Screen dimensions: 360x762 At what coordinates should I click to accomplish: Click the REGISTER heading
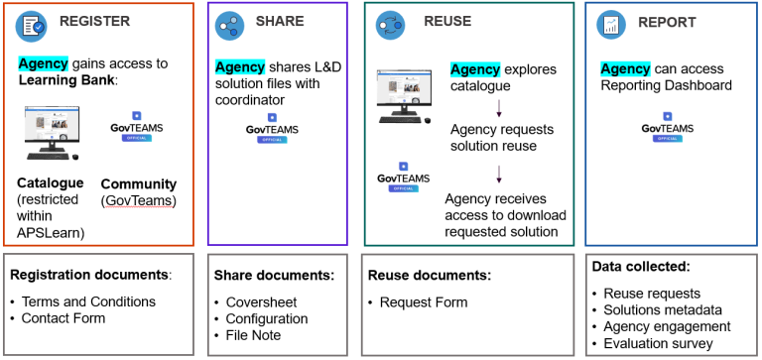tap(94, 22)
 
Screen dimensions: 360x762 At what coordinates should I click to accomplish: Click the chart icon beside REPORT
tap(610, 25)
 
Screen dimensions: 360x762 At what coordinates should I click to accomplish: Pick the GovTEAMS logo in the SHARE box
tap(272, 128)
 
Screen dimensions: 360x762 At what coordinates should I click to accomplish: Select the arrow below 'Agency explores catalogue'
tap(498, 107)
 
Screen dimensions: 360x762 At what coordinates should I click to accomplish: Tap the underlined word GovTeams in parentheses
tap(138, 200)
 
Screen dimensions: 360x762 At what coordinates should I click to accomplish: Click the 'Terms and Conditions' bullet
tap(89, 301)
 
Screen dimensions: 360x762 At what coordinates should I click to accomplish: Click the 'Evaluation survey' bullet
tap(659, 343)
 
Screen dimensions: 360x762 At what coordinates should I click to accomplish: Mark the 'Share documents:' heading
tap(274, 275)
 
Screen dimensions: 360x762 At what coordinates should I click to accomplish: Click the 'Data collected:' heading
tap(639, 267)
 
